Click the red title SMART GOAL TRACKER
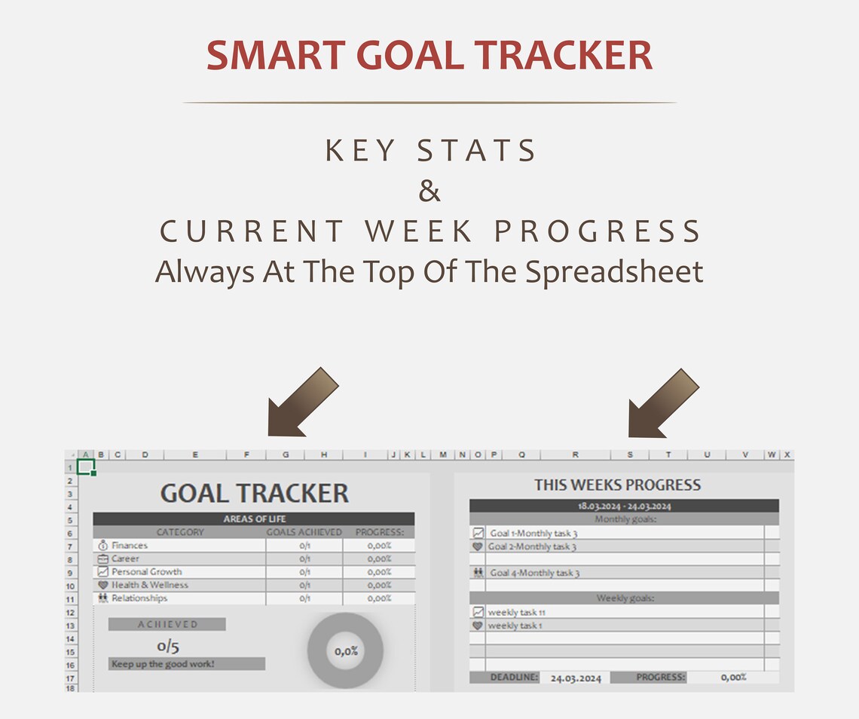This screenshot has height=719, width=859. click(x=429, y=56)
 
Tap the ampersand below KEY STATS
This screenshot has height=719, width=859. click(x=429, y=191)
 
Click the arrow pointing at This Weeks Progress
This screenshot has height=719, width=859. click(x=663, y=402)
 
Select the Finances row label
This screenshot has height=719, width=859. click(x=130, y=545)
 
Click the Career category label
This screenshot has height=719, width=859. click(x=125, y=558)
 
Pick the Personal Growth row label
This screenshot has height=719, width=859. click(x=147, y=572)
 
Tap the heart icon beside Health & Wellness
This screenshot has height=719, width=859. click(x=103, y=585)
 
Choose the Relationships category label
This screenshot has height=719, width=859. click(x=139, y=598)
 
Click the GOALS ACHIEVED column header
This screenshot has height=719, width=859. click(x=304, y=532)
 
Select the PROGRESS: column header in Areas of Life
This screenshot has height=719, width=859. click(x=380, y=532)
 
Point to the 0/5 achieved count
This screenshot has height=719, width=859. click(x=168, y=646)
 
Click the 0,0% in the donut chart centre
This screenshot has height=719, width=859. click(x=346, y=651)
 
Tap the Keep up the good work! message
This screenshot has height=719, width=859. click(x=163, y=664)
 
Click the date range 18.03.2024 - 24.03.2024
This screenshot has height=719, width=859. click(x=624, y=506)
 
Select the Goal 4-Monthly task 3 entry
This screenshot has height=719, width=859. click(x=534, y=573)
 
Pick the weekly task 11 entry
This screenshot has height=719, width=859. click(x=516, y=613)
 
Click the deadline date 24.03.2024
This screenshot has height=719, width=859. click(x=576, y=678)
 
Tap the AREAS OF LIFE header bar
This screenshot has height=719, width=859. click(x=254, y=519)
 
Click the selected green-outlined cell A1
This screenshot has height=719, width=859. click(x=86, y=467)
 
